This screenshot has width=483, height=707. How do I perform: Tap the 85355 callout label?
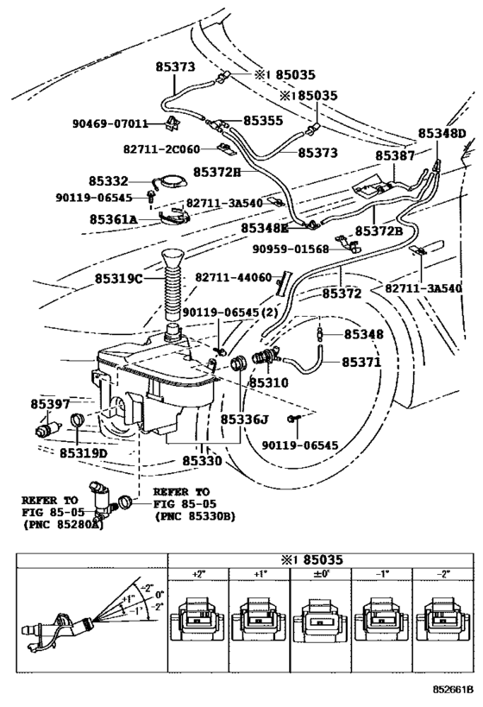[263, 123]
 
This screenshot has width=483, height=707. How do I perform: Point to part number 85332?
[108, 181]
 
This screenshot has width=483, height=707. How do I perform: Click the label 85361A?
[113, 219]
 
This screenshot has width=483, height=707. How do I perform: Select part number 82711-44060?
[233, 278]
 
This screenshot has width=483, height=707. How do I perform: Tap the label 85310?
[268, 382]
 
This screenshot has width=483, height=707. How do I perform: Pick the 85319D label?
[84, 452]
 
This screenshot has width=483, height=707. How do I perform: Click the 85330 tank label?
[204, 462]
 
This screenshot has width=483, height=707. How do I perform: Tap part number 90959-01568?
[292, 249]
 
